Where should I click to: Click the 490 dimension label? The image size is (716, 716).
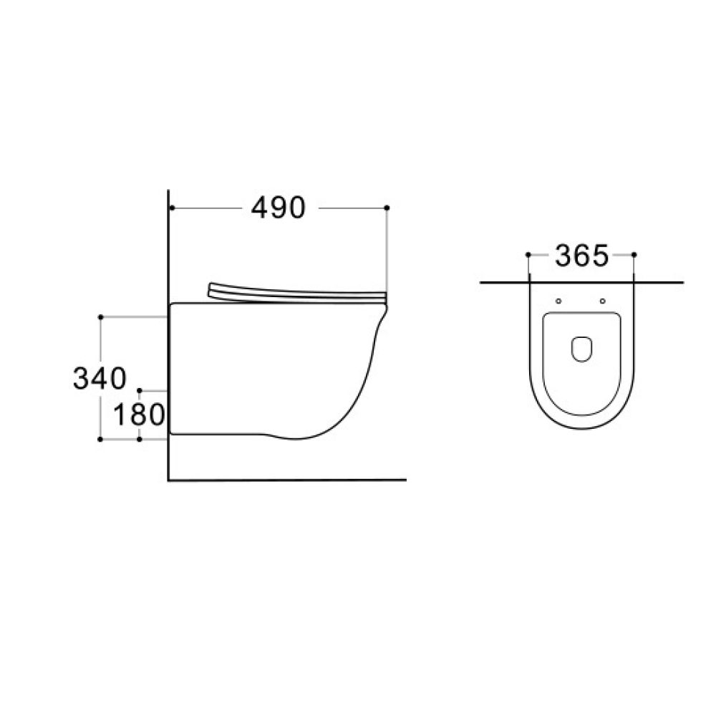click(279, 208)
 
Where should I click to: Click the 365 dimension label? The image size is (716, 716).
click(581, 255)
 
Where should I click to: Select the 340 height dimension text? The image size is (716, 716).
click(100, 377)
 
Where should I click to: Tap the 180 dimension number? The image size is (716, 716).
click(140, 415)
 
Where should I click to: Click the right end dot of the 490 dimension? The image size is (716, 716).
click(387, 208)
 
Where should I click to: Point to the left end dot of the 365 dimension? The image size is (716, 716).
click(528, 254)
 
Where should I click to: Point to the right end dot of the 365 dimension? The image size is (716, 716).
click(634, 254)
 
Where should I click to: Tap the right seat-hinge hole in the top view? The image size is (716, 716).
click(603, 301)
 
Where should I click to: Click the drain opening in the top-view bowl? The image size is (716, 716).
click(581, 349)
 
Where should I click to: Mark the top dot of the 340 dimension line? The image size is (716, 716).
click(101, 316)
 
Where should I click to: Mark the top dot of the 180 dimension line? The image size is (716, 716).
click(140, 391)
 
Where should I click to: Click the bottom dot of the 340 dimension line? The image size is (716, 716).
click(101, 438)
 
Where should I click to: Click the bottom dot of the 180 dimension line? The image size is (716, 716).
click(140, 438)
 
